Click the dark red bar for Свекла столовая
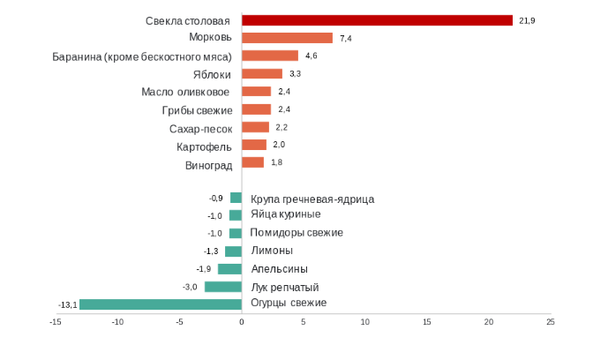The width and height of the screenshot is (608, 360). [x=377, y=20]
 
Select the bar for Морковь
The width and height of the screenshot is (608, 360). [x=287, y=38]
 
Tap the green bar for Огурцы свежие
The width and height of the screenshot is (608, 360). [x=161, y=304]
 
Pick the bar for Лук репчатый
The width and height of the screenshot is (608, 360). [x=223, y=287]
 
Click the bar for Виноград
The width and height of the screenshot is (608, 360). [x=252, y=162]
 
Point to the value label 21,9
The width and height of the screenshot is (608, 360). [x=528, y=20]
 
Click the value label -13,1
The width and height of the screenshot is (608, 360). [x=68, y=304]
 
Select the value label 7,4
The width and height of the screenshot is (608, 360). [x=346, y=38]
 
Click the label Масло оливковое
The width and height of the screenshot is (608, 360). [x=186, y=92]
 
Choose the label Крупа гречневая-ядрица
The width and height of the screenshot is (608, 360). [x=312, y=199]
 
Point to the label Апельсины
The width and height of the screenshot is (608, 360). [x=279, y=269]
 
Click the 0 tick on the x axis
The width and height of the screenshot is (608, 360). [x=241, y=322]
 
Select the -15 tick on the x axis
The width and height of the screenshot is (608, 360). [x=55, y=322]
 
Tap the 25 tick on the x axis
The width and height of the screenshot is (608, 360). [x=551, y=322]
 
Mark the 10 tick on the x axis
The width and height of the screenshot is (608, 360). [x=364, y=322]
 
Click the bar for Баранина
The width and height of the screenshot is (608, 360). [x=269, y=56]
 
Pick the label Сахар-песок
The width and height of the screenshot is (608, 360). [x=201, y=128]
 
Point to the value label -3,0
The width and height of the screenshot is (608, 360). [x=190, y=287]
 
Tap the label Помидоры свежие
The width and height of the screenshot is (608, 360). [x=296, y=233]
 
